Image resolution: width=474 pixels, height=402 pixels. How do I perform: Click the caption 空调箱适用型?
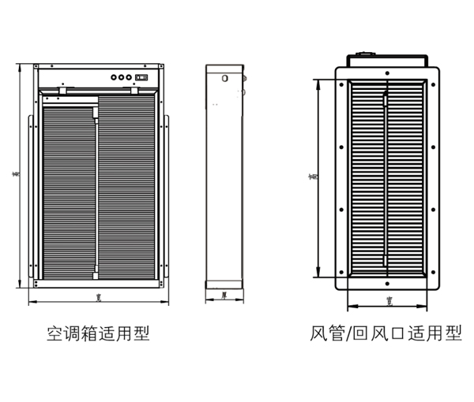click(98, 334)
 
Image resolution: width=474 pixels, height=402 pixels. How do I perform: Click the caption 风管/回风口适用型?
click(386, 334)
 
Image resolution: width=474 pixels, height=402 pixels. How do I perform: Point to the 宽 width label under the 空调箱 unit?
click(97, 297)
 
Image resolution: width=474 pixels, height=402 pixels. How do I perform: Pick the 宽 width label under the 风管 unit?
click(389, 300)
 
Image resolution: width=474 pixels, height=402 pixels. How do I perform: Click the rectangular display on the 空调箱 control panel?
click(142, 77)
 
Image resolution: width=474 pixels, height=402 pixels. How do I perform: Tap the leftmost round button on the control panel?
click(113, 77)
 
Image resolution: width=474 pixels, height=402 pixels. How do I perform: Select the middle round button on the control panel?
click(122, 77)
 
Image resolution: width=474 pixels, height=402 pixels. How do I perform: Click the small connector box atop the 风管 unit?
click(368, 55)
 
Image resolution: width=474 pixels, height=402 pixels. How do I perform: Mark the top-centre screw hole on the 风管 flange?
click(387, 73)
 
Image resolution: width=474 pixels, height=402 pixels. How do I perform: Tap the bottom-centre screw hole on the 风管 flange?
click(387, 281)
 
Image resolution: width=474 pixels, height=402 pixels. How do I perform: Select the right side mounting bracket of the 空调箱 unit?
click(167, 197)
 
